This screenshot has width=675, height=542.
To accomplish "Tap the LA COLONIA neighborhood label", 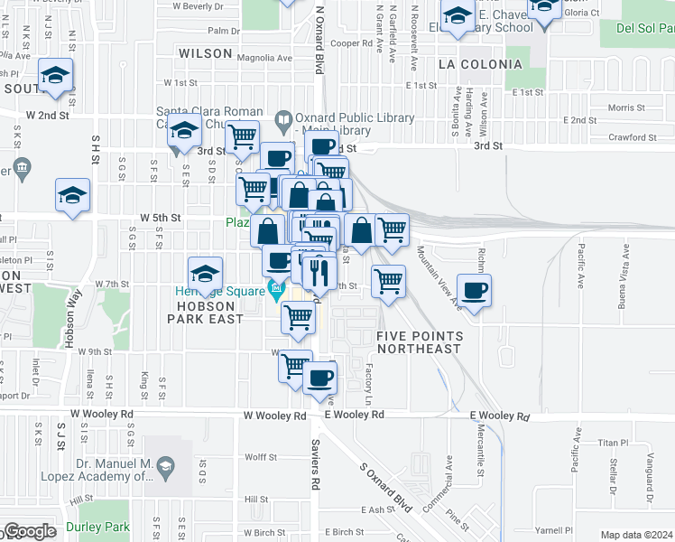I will pyautogui.click(x=479, y=64).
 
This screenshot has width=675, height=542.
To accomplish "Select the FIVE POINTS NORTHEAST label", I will pyautogui.click(x=420, y=342).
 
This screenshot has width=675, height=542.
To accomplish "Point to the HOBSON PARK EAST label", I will pyautogui.click(x=204, y=313).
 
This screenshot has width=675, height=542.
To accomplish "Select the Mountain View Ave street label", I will pyautogui.click(x=439, y=279).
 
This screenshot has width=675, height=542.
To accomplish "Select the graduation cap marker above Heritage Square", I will pyautogui.click(x=205, y=273).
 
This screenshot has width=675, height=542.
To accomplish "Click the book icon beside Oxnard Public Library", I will pyautogui.click(x=283, y=118).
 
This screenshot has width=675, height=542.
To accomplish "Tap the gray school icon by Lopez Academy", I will pyautogui.click(x=164, y=466).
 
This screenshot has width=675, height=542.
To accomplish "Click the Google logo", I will pyautogui.click(x=29, y=532).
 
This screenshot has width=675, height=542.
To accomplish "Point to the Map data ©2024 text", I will pyautogui.click(x=635, y=535).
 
